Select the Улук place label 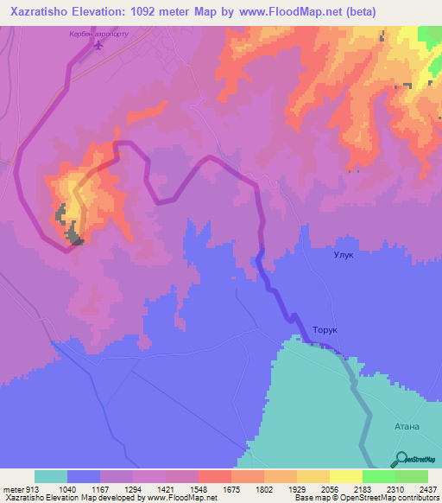(344, 255)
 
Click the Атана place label (407, 426)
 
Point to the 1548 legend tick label (198, 489)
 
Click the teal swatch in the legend (51, 476)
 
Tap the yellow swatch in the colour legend (346, 476)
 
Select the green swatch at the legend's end (412, 476)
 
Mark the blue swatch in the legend (84, 476)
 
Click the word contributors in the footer (420, 499)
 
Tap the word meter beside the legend (13, 489)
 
